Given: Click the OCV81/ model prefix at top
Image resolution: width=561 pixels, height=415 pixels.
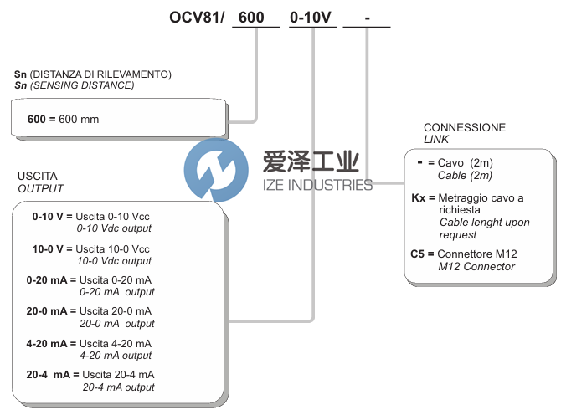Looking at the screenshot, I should point(193,17).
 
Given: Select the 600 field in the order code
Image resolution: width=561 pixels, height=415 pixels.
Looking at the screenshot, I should point(255,17).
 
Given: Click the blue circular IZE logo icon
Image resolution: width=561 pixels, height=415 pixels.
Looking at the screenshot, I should point(216,172).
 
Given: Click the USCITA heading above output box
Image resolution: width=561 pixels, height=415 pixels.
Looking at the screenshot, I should point(38,177).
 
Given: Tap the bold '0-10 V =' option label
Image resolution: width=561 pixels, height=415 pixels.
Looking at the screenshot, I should point(52,216).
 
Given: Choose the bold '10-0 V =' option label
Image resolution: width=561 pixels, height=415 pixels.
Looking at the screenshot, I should point(52,249).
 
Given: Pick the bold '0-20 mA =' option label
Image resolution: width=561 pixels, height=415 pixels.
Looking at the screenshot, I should point(51,279).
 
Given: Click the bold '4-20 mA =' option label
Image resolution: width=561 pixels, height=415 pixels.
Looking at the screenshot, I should point(51,344).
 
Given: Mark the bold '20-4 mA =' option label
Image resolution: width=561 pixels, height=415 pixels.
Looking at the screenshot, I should point(51,376).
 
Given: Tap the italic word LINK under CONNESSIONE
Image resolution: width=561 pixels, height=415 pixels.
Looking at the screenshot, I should point(436,140).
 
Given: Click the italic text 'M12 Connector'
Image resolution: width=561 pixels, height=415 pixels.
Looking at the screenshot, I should point(476,267).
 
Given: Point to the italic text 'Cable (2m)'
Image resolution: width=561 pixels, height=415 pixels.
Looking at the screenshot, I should point(465,176).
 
